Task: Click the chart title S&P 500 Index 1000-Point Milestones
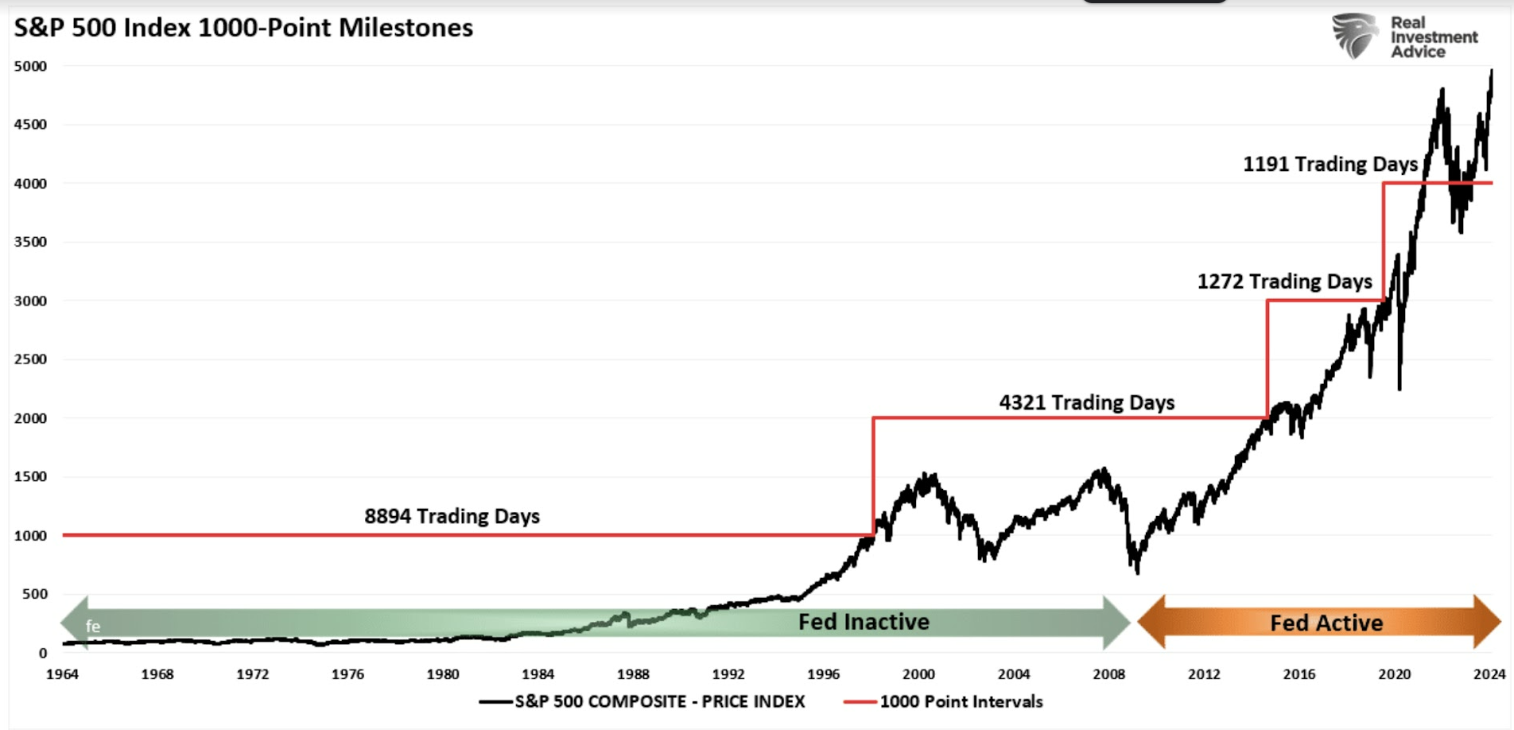click(x=243, y=28)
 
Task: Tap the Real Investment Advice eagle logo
click(x=1355, y=36)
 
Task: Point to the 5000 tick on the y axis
click(x=30, y=66)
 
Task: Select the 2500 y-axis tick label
click(x=30, y=359)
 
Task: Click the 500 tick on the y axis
click(x=35, y=594)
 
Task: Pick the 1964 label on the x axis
click(x=62, y=674)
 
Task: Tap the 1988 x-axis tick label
click(x=633, y=674)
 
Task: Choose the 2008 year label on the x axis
click(x=1108, y=674)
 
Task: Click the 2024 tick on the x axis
click(x=1489, y=674)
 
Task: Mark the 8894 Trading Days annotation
click(x=452, y=516)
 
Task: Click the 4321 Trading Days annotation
click(x=1086, y=402)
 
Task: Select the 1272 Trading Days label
click(x=1284, y=282)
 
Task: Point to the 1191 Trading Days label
click(x=1330, y=165)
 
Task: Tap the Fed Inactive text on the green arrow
click(x=864, y=622)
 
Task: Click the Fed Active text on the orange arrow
click(x=1326, y=623)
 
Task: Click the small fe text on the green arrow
click(x=93, y=627)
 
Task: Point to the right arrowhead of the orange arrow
click(x=1487, y=621)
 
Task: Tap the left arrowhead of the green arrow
click(x=74, y=622)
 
